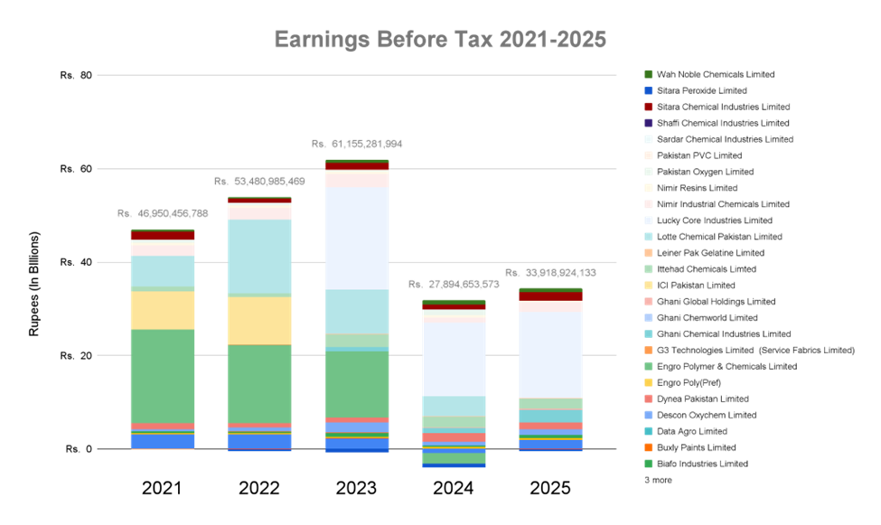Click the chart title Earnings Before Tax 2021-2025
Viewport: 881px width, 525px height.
tap(440, 41)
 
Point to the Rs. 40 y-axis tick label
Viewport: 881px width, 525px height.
tap(74, 262)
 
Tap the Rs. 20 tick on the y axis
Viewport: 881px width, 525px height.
tap(74, 355)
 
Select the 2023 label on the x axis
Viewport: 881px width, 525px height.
tap(355, 489)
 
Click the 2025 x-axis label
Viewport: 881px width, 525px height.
tap(549, 489)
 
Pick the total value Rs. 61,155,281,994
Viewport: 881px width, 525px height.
tap(357, 144)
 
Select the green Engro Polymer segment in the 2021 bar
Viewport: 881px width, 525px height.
tap(163, 375)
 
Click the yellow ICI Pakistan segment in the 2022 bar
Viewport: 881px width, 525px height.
tap(259, 320)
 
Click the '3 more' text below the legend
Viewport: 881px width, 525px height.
tap(657, 481)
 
